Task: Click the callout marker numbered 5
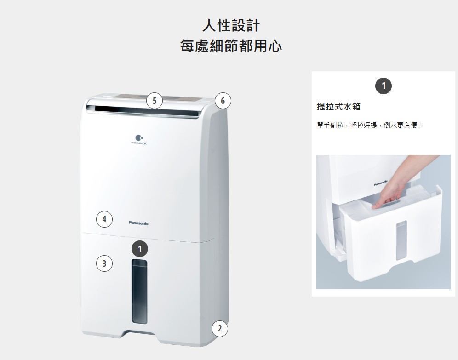(x=155, y=100)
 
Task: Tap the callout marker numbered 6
(x=223, y=101)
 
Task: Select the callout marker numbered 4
(x=104, y=219)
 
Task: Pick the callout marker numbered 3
(x=104, y=263)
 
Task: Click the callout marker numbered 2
(x=220, y=328)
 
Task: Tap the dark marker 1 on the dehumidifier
(x=140, y=249)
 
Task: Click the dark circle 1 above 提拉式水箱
(x=384, y=86)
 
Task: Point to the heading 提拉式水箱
(x=339, y=107)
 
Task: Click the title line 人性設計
(x=231, y=25)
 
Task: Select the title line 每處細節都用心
(x=231, y=46)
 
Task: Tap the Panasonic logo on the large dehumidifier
(x=138, y=223)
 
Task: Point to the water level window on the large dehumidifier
(x=139, y=291)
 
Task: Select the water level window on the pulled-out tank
(x=401, y=240)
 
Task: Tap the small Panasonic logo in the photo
(x=381, y=183)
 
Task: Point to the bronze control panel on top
(x=160, y=97)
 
